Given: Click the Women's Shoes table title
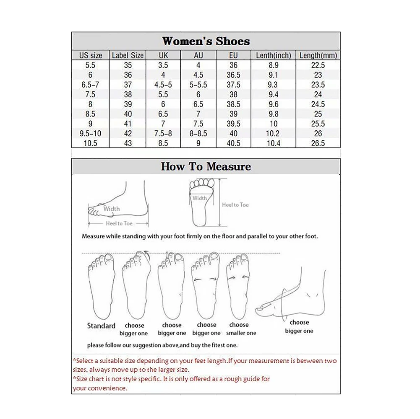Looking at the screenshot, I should coord(206,41).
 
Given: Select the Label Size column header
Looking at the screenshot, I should coord(128,55).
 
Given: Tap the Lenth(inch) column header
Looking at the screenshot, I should coord(274,55).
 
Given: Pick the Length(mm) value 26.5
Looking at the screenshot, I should coord(318,143).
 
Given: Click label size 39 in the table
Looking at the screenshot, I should coord(128,104).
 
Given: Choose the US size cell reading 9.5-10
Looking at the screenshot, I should coord(90,133).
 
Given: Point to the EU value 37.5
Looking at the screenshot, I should coord(233,85).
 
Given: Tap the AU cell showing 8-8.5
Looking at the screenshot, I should coord(198,133).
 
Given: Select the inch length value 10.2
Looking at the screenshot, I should coord(274,133).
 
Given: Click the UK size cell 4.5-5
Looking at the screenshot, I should coord(163,85).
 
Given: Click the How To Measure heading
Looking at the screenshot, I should coord(206,166).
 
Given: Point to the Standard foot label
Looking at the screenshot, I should coord(101,326).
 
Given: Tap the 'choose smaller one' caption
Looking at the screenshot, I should coord(241,329).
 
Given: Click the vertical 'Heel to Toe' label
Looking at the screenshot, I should coord(235,205).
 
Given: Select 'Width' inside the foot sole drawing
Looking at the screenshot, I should coord(200,198).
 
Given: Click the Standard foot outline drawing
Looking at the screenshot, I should coord(101,287).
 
